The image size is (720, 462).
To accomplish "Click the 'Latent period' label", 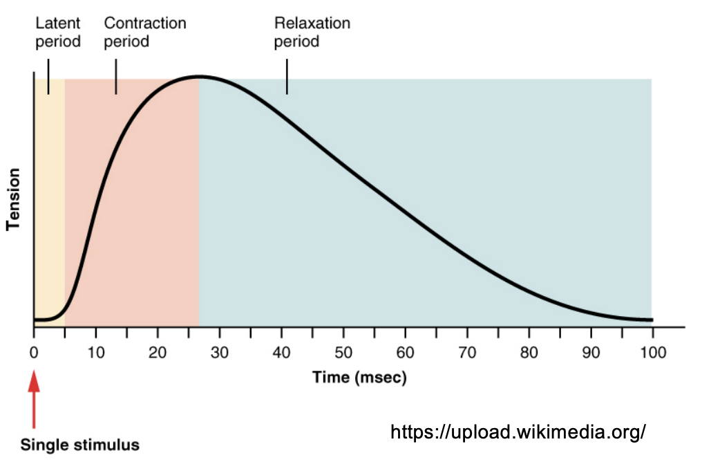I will (58, 33).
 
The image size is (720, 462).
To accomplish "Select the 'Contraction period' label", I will (144, 33).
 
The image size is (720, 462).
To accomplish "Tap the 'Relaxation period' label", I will (312, 33).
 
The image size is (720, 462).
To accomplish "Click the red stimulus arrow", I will (33, 401).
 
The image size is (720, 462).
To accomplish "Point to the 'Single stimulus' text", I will (79, 445).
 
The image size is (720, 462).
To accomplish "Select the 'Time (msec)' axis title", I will (359, 378).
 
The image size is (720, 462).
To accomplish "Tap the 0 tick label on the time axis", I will (33, 353).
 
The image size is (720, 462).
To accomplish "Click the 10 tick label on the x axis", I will (95, 353).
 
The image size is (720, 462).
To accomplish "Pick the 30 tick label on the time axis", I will (220, 353).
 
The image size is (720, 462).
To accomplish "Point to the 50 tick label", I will (343, 353).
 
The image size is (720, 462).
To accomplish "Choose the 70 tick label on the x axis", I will (468, 353).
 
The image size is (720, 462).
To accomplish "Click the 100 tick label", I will (652, 353).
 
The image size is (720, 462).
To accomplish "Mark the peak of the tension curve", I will (200, 76).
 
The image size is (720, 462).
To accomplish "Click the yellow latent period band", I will (49, 207).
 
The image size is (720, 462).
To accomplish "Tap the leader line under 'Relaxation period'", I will (287, 76).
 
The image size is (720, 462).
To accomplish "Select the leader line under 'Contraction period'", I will (116, 76).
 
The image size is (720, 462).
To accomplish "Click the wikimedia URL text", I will (518, 432).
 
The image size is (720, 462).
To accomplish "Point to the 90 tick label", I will (591, 353).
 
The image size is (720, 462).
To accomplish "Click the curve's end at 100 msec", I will (651, 320).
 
